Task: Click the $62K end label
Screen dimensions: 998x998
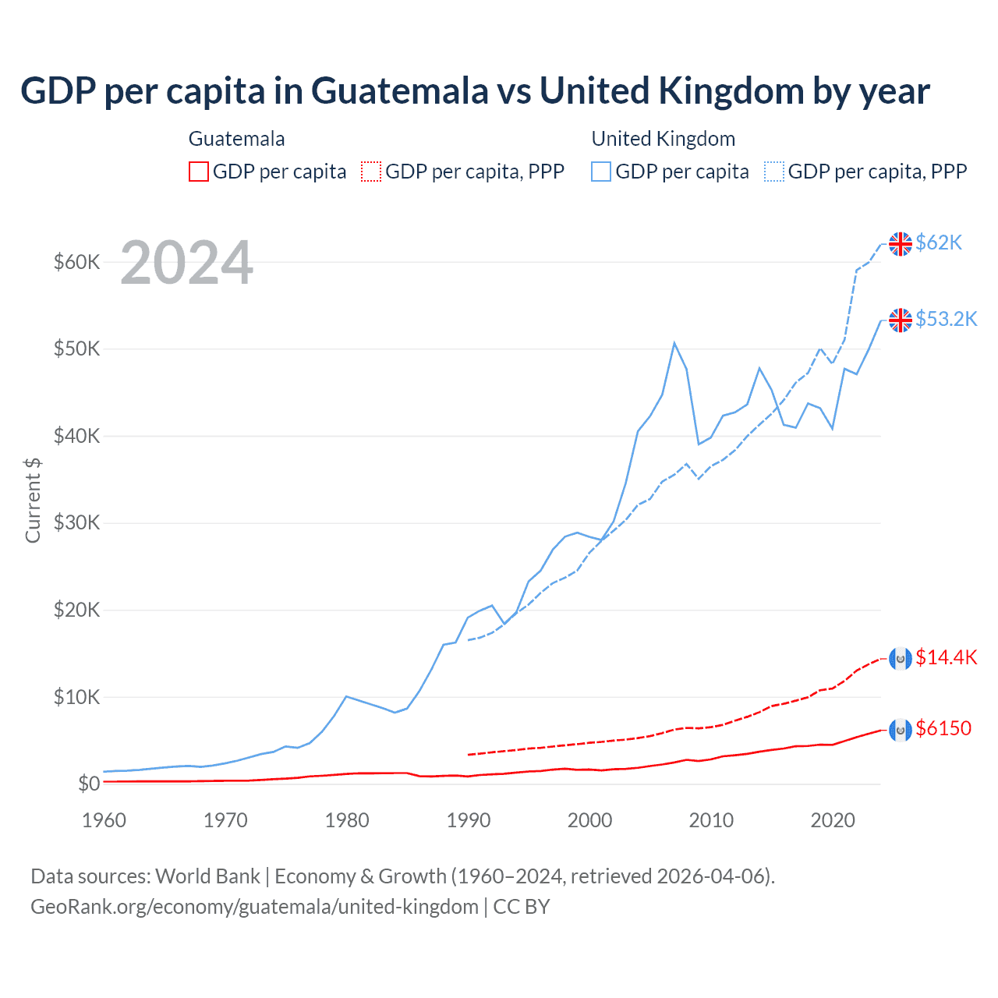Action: point(939,243)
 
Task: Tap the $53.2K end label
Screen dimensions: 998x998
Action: point(946,320)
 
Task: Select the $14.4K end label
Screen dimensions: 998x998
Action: point(946,658)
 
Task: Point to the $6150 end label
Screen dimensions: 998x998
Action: point(943,729)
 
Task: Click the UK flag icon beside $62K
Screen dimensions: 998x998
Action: point(901,244)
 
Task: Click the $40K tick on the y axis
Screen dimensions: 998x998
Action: point(76,436)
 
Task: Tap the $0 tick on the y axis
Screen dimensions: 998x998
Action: point(89,784)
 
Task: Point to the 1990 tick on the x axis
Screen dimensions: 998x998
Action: point(469,820)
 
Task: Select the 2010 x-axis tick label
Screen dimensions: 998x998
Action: point(711,820)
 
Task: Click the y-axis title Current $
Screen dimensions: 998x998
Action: point(33,500)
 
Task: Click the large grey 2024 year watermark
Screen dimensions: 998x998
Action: point(187,263)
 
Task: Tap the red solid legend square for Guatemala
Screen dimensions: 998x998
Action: point(199,172)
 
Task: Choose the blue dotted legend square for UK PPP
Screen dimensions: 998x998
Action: point(774,172)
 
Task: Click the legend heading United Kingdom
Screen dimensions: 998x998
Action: point(664,139)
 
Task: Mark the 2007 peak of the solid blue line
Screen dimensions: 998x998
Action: point(674,343)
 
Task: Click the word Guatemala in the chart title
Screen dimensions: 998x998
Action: point(400,91)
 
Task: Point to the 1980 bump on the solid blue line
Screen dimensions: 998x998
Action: point(346,696)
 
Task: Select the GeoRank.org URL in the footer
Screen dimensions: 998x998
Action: point(254,907)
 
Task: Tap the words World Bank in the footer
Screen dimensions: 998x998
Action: point(207,876)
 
